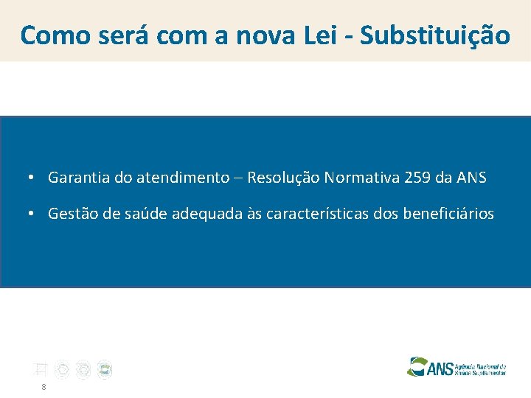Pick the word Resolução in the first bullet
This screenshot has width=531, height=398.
283,178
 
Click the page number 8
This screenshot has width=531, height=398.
44,387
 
